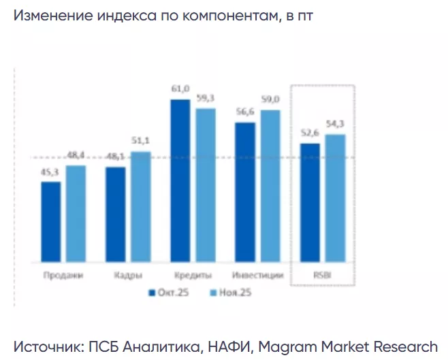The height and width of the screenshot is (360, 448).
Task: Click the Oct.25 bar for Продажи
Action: (x=50, y=222)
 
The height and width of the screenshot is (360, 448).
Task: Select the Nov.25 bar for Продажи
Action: (x=76, y=214)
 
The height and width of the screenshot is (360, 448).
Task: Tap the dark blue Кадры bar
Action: (x=115, y=214)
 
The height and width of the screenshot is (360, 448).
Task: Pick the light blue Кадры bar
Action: (x=140, y=207)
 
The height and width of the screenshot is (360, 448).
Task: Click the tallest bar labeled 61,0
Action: (x=180, y=181)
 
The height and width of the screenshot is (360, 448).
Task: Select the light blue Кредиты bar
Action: (x=206, y=185)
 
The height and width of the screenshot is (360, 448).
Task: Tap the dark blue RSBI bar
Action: (x=310, y=203)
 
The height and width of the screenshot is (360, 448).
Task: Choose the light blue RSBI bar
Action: (x=335, y=198)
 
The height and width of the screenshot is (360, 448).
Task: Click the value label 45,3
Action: (x=50, y=174)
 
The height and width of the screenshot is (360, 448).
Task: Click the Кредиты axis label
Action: (x=192, y=276)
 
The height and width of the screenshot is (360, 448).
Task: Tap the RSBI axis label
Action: (x=322, y=276)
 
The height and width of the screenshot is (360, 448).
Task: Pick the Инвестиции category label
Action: (x=257, y=276)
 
